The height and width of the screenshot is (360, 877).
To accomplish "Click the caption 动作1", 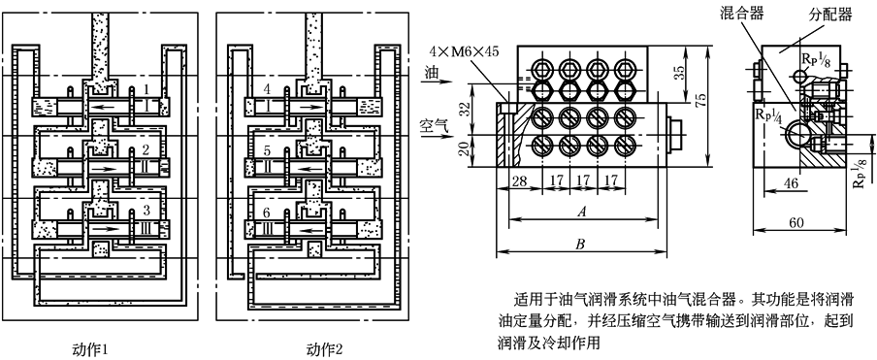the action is point(90,350).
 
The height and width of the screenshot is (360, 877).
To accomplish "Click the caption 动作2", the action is point(324,350).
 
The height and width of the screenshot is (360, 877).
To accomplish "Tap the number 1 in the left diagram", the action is point(146,88).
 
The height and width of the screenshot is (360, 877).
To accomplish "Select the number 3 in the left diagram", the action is point(146,211).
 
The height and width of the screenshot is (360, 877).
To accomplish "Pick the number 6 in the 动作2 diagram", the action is point(267,212).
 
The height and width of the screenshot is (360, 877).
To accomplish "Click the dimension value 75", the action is point(699,100).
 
